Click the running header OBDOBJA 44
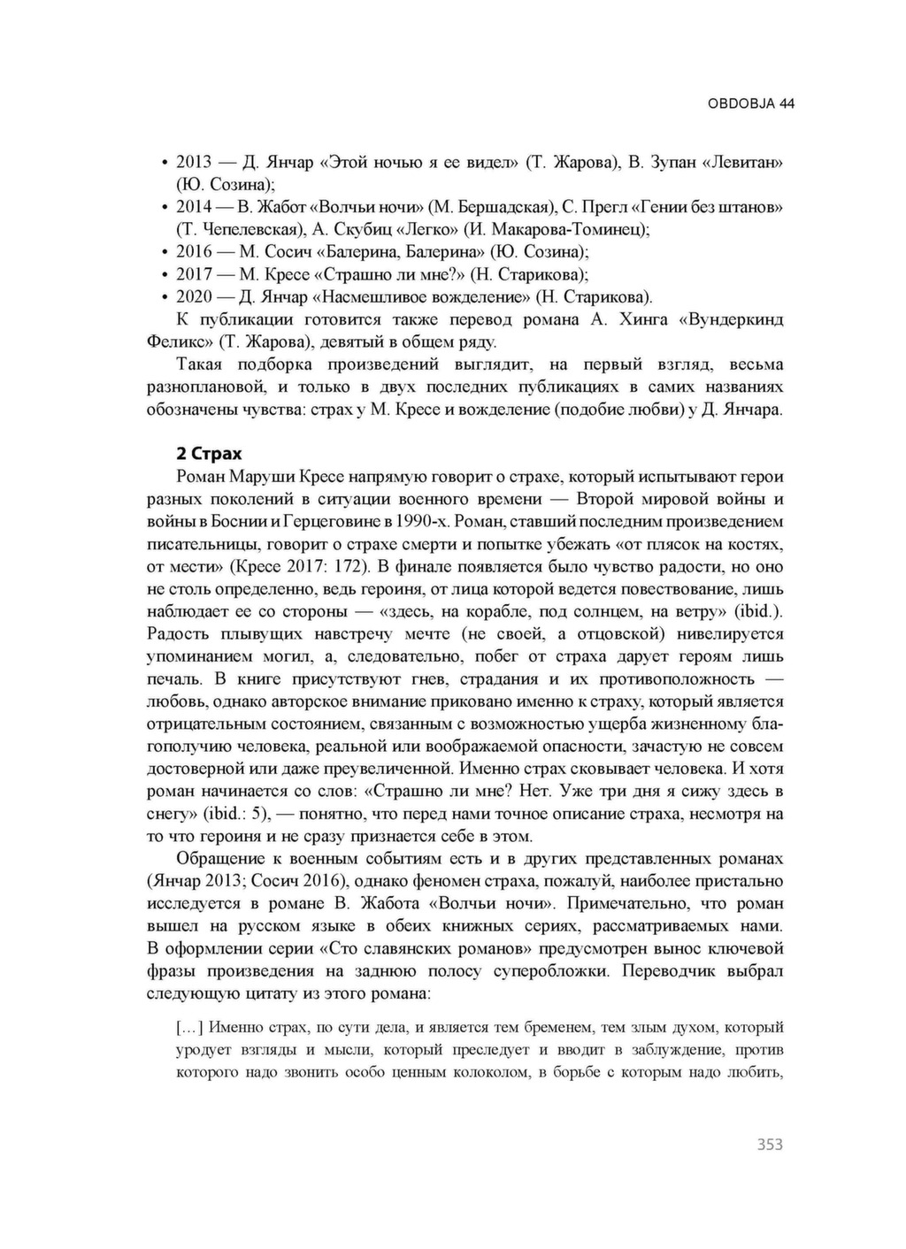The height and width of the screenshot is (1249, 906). (x=750, y=103)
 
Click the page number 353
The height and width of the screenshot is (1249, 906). (x=770, y=1145)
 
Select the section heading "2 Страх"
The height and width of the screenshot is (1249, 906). (x=209, y=454)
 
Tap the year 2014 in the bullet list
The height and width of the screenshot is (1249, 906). (x=195, y=207)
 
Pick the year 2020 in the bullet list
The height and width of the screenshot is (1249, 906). (x=195, y=296)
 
